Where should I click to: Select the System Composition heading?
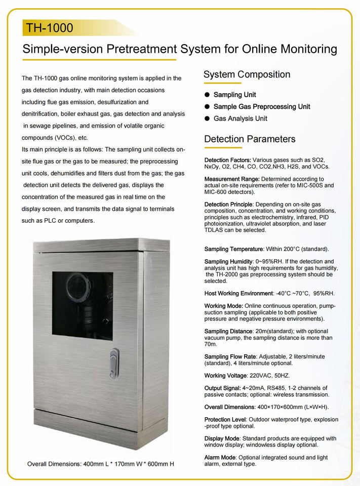[247, 75]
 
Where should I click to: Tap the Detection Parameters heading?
[250, 139]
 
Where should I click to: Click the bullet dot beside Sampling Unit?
[207, 95]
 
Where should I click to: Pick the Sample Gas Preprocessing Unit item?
[262, 107]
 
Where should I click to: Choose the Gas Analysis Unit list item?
[240, 118]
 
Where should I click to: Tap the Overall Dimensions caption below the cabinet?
[100, 464]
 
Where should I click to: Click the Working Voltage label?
[225, 376]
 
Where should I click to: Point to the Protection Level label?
[225, 420]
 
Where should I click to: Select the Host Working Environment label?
[238, 294]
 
